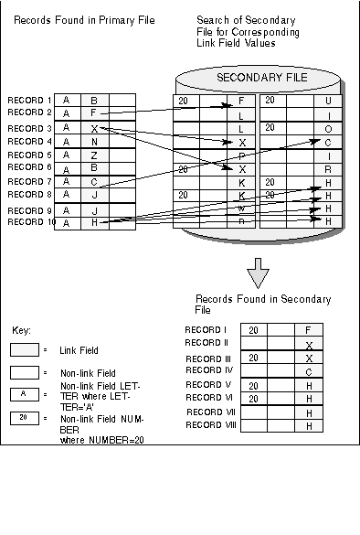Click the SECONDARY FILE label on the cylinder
point(261,78)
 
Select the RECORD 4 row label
point(29,142)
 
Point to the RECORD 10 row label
point(31,222)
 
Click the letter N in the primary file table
point(93,143)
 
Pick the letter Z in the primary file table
point(93,156)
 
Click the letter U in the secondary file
point(328,101)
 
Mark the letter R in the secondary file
point(328,170)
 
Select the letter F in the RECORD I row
point(309,330)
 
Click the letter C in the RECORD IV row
point(309,371)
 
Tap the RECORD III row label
point(209,358)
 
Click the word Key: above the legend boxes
point(22,329)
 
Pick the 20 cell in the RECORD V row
point(253,385)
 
